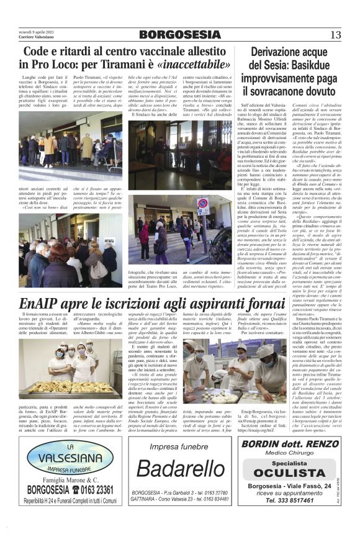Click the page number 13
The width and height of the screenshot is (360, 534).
tap(336, 34)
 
